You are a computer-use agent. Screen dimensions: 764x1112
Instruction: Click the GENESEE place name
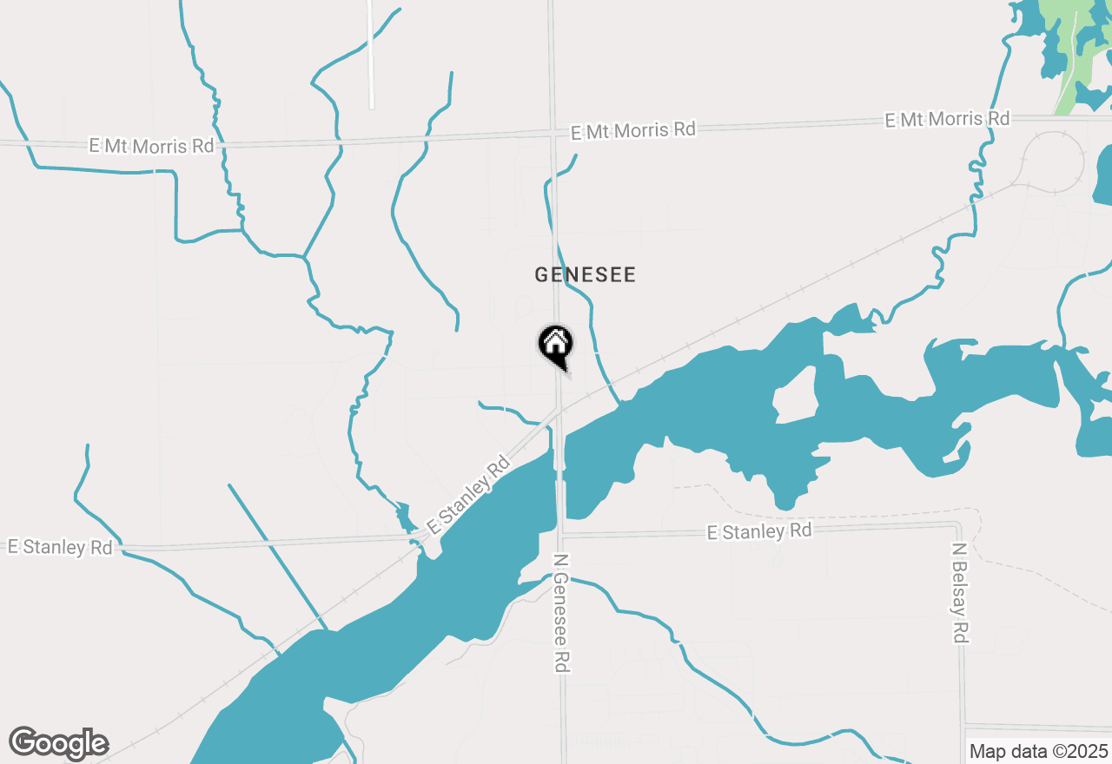coord(585,275)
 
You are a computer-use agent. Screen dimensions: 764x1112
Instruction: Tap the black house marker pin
coord(555,345)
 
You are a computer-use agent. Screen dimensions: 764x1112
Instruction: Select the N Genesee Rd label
coord(562,614)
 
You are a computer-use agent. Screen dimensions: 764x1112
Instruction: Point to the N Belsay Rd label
coord(959,593)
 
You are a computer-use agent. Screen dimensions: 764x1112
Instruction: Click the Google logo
coord(58,743)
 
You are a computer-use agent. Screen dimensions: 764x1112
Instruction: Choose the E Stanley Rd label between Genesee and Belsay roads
coord(758,530)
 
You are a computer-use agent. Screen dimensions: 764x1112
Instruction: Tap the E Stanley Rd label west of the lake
coord(60,547)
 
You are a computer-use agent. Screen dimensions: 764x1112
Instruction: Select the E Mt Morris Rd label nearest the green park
coord(947,119)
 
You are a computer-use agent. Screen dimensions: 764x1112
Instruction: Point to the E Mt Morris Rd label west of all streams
coord(151,145)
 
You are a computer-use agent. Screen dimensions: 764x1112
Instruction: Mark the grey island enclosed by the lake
coord(794,397)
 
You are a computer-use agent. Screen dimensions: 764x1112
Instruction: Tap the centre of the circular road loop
coord(1054,162)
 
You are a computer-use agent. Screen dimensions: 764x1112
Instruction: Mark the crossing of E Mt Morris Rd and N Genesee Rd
coord(553,133)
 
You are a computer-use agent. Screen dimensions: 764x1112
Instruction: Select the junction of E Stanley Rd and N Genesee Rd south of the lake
coord(563,534)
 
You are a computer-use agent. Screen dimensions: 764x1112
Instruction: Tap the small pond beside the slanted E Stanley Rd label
coord(404,517)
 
